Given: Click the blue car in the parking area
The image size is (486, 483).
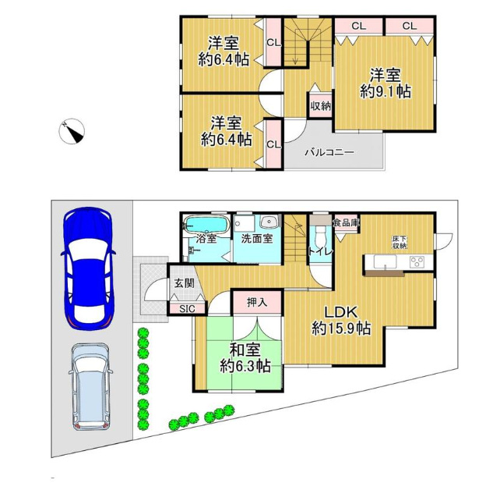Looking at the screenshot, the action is point(88,268).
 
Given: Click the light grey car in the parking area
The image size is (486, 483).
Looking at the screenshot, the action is point(90,386).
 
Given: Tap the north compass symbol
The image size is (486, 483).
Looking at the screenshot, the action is point(72,131).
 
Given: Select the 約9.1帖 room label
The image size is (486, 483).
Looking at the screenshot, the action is point(386,92).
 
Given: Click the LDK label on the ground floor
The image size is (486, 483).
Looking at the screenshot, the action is point(341,311).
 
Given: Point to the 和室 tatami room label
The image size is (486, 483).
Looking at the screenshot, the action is point(245,350).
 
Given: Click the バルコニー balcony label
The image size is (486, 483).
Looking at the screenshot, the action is point(329,152).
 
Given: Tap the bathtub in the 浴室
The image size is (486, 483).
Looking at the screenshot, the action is point(206,224).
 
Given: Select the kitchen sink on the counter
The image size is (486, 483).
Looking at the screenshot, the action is point(385,261).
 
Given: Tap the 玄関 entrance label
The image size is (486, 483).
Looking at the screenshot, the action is point(184,283).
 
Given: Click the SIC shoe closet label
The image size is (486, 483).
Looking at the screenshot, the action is point(187,308).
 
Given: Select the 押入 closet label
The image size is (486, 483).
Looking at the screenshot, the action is point(257,302).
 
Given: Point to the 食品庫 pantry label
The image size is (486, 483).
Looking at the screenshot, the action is point(346,222).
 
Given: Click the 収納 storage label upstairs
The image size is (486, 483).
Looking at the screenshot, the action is point(321,106).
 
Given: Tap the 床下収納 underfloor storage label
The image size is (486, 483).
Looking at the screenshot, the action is point(400,242).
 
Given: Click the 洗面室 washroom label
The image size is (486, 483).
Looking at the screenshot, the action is point(257,239).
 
